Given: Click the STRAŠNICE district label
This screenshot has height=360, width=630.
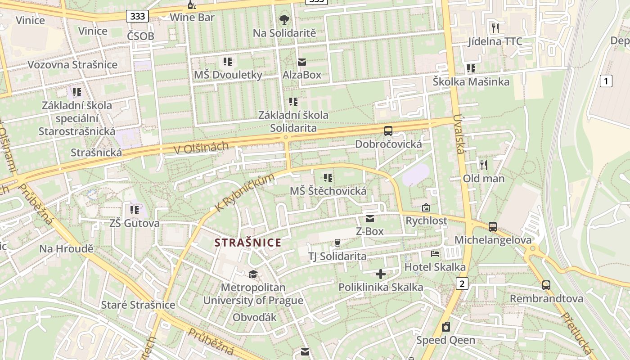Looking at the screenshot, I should click(x=247, y=243).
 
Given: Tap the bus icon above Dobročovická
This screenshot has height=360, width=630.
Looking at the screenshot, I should click(x=388, y=131).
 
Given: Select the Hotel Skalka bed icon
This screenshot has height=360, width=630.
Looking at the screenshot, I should click(x=435, y=254).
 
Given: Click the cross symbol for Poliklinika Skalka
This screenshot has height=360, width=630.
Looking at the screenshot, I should click(x=381, y=274).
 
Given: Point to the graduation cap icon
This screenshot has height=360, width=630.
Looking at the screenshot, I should click(x=253, y=274).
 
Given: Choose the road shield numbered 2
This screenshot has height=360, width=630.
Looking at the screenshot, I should click(x=462, y=283).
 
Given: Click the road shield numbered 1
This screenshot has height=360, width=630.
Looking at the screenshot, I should click(x=606, y=81).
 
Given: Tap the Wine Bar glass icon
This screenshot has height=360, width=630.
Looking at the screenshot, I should click(x=192, y=5).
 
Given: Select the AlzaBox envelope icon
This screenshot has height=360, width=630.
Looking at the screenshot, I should click(x=301, y=62).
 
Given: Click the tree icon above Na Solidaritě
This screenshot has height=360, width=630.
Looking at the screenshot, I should click(x=284, y=20).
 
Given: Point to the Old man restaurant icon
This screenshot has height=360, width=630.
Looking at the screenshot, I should click(x=484, y=165).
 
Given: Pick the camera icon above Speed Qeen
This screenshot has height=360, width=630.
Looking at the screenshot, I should click(x=445, y=327).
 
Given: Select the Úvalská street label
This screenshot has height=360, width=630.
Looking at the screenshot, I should click(x=459, y=134).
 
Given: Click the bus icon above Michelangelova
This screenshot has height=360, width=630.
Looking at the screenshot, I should click(x=493, y=227).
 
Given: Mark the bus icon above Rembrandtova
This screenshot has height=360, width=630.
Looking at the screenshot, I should click(x=546, y=285).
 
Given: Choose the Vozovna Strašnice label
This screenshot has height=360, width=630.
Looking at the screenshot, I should click(x=72, y=64).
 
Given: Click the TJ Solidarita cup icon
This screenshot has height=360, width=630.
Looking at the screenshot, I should click(x=337, y=243).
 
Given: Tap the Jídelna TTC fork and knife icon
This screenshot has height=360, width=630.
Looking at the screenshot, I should click(x=495, y=28).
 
